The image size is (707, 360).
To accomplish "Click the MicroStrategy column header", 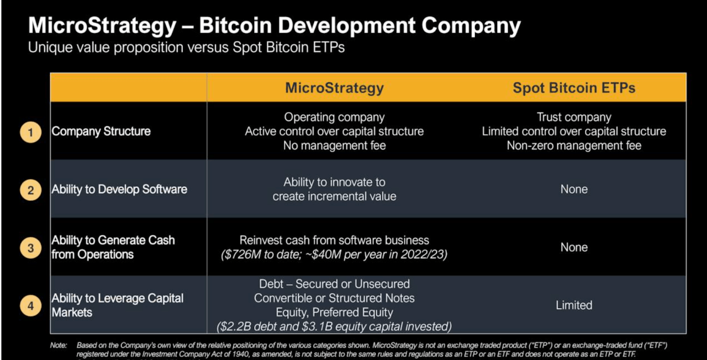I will [334, 88].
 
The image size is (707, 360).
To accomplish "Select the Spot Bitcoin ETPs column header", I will [574, 88].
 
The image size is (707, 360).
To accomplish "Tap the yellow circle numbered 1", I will [30, 133].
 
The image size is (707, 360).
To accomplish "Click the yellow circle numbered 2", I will [30, 190].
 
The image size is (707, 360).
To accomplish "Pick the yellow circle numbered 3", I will [30, 248].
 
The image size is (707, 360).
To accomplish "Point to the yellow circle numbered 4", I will [30, 306].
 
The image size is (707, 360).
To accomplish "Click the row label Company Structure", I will [101, 131].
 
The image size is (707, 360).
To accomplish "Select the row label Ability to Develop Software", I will [119, 189].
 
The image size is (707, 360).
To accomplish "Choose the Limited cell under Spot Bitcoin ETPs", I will [574, 305].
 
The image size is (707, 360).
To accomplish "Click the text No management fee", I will [334, 146].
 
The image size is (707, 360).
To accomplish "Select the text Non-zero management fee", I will [574, 146].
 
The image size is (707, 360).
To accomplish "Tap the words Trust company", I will [574, 117].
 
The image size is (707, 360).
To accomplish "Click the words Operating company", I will [334, 117].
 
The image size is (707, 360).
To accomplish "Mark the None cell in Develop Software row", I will [574, 189].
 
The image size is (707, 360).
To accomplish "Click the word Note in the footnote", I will [57, 345].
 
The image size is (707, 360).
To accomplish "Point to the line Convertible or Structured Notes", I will [334, 298].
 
